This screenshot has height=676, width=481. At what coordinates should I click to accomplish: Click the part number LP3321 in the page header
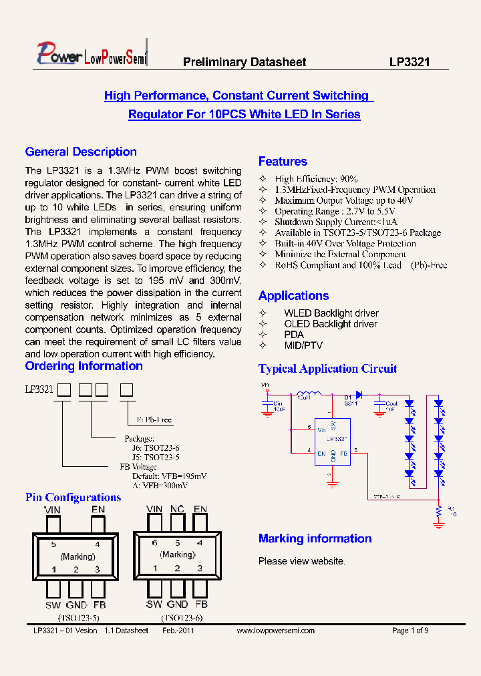(x=410, y=62)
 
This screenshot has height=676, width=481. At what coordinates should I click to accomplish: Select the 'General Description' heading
(x=81, y=152)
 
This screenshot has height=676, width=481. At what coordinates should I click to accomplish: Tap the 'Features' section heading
(x=283, y=161)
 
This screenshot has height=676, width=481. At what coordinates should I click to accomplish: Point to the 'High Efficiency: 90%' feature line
(x=316, y=179)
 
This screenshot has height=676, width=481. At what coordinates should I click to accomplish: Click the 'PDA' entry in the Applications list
(x=293, y=335)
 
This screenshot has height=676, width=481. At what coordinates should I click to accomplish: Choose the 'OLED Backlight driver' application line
(x=330, y=324)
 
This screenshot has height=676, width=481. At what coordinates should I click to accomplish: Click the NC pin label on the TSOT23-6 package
(x=177, y=509)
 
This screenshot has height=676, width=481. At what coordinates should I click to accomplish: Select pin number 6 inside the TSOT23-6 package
(x=155, y=543)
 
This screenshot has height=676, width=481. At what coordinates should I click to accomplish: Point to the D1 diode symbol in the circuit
(x=359, y=394)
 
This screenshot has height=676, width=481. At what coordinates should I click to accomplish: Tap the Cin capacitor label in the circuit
(x=278, y=403)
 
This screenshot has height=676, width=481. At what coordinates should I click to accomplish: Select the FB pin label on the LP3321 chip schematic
(x=343, y=454)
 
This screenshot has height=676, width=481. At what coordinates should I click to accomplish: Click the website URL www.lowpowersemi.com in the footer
(x=275, y=631)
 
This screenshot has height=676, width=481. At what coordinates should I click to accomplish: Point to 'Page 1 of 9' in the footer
(x=410, y=631)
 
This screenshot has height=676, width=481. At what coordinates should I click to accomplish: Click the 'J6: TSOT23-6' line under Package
(x=155, y=448)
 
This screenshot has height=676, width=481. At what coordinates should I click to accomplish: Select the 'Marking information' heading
(x=315, y=538)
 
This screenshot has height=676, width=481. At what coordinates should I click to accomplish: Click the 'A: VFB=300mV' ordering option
(x=160, y=486)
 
